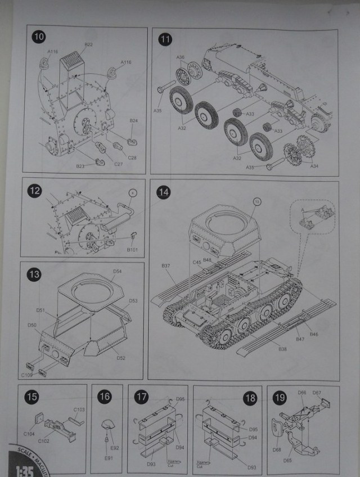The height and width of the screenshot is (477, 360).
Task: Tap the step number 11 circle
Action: [x=165, y=39]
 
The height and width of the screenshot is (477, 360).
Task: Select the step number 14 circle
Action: [x=164, y=192]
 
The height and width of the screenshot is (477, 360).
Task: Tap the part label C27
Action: [x=118, y=164]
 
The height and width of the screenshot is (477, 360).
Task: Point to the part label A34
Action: [x=314, y=166]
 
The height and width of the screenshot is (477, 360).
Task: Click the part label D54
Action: [x=117, y=272]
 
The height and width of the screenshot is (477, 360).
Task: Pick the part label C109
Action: [x=27, y=375]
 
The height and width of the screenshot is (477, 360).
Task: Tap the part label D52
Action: [x=120, y=358]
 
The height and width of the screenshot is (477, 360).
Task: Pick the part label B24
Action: [x=134, y=121]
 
